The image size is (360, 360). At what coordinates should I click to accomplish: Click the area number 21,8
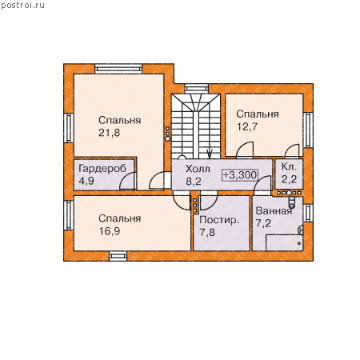110,133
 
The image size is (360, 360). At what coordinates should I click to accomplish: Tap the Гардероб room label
102,169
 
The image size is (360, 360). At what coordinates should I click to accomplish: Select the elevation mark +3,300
240,175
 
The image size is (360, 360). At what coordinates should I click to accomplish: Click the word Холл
198,169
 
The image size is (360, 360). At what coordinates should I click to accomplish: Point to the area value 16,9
110,231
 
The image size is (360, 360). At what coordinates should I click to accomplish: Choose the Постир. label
219,220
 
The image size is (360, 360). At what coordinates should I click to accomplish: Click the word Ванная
274,211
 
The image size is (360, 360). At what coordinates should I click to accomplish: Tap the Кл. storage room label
289,167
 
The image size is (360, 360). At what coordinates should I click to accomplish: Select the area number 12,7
247,126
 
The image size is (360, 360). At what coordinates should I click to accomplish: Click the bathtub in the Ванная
284,242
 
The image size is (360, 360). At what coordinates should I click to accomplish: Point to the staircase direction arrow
210,154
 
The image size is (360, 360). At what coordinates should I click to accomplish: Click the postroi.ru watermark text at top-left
22,6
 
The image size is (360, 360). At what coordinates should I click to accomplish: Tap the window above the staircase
196,88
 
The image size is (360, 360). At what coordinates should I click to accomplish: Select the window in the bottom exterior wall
118,256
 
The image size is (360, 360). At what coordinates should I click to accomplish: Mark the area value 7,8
207,232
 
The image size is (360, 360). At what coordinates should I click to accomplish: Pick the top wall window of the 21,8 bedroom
118,69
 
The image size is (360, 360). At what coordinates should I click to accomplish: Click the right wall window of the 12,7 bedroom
308,130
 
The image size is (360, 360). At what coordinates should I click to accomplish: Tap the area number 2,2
289,179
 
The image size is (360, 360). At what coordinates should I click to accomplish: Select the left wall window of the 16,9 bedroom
69,215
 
